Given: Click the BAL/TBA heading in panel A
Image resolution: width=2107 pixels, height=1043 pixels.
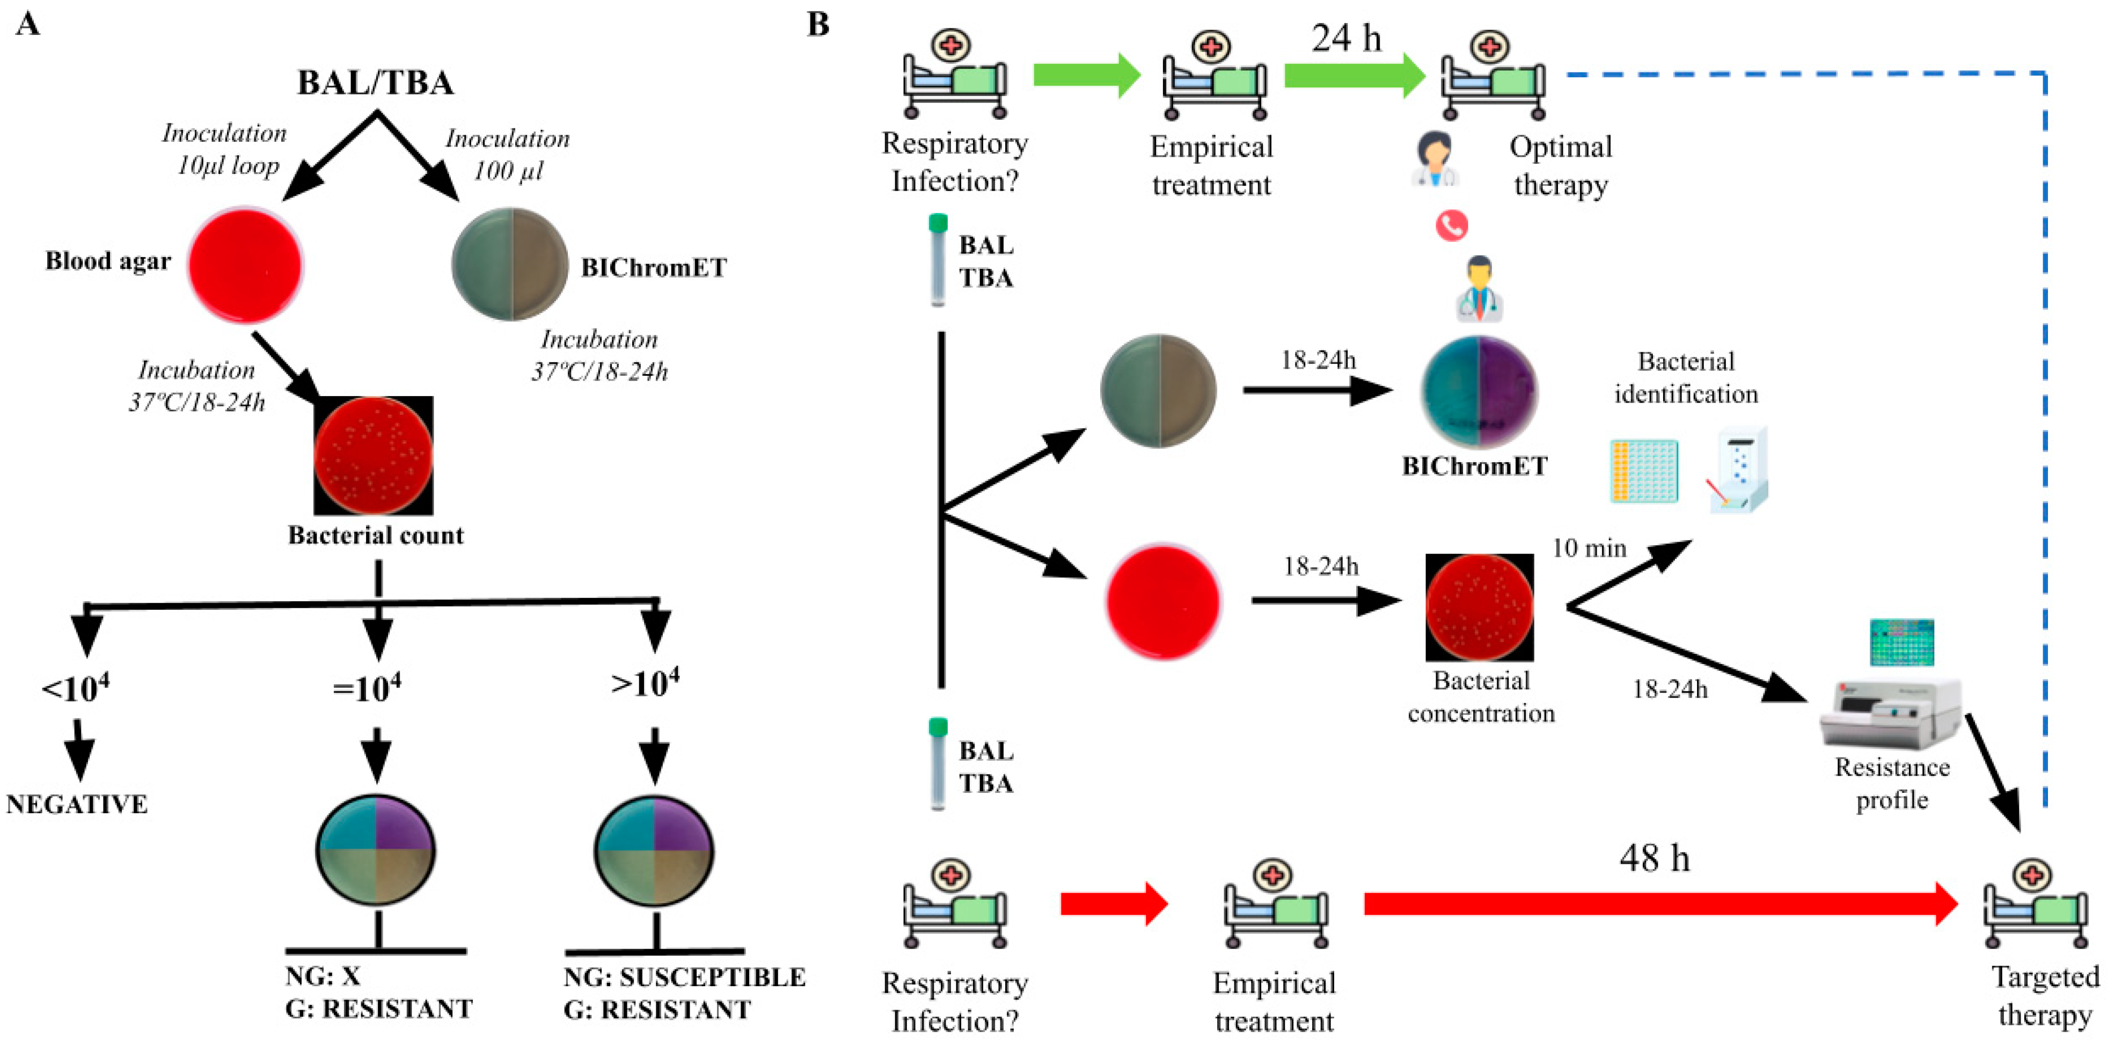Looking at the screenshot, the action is click(x=376, y=83).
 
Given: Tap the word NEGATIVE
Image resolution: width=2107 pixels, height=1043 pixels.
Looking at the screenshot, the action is click(x=77, y=804).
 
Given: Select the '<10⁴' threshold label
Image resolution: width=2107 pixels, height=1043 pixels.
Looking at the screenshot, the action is click(x=75, y=687).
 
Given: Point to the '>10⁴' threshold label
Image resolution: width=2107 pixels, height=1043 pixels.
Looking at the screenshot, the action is click(x=645, y=682).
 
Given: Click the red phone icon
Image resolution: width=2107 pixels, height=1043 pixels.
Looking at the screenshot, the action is click(x=1452, y=225).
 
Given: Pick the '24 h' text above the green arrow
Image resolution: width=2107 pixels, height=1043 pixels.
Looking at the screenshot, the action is click(x=1347, y=39).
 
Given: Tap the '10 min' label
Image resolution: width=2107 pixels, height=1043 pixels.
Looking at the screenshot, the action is click(x=1589, y=548).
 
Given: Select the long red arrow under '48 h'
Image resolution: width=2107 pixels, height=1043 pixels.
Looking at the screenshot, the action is click(x=1661, y=904).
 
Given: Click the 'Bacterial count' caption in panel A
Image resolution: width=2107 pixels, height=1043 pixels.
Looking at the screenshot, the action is click(x=376, y=535).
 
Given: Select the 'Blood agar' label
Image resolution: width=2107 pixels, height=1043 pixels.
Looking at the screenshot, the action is click(x=108, y=261).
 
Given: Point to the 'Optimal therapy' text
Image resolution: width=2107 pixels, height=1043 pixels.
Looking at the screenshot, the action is click(x=1561, y=165).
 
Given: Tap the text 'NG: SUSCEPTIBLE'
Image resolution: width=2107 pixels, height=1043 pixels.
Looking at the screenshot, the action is click(x=685, y=977).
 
